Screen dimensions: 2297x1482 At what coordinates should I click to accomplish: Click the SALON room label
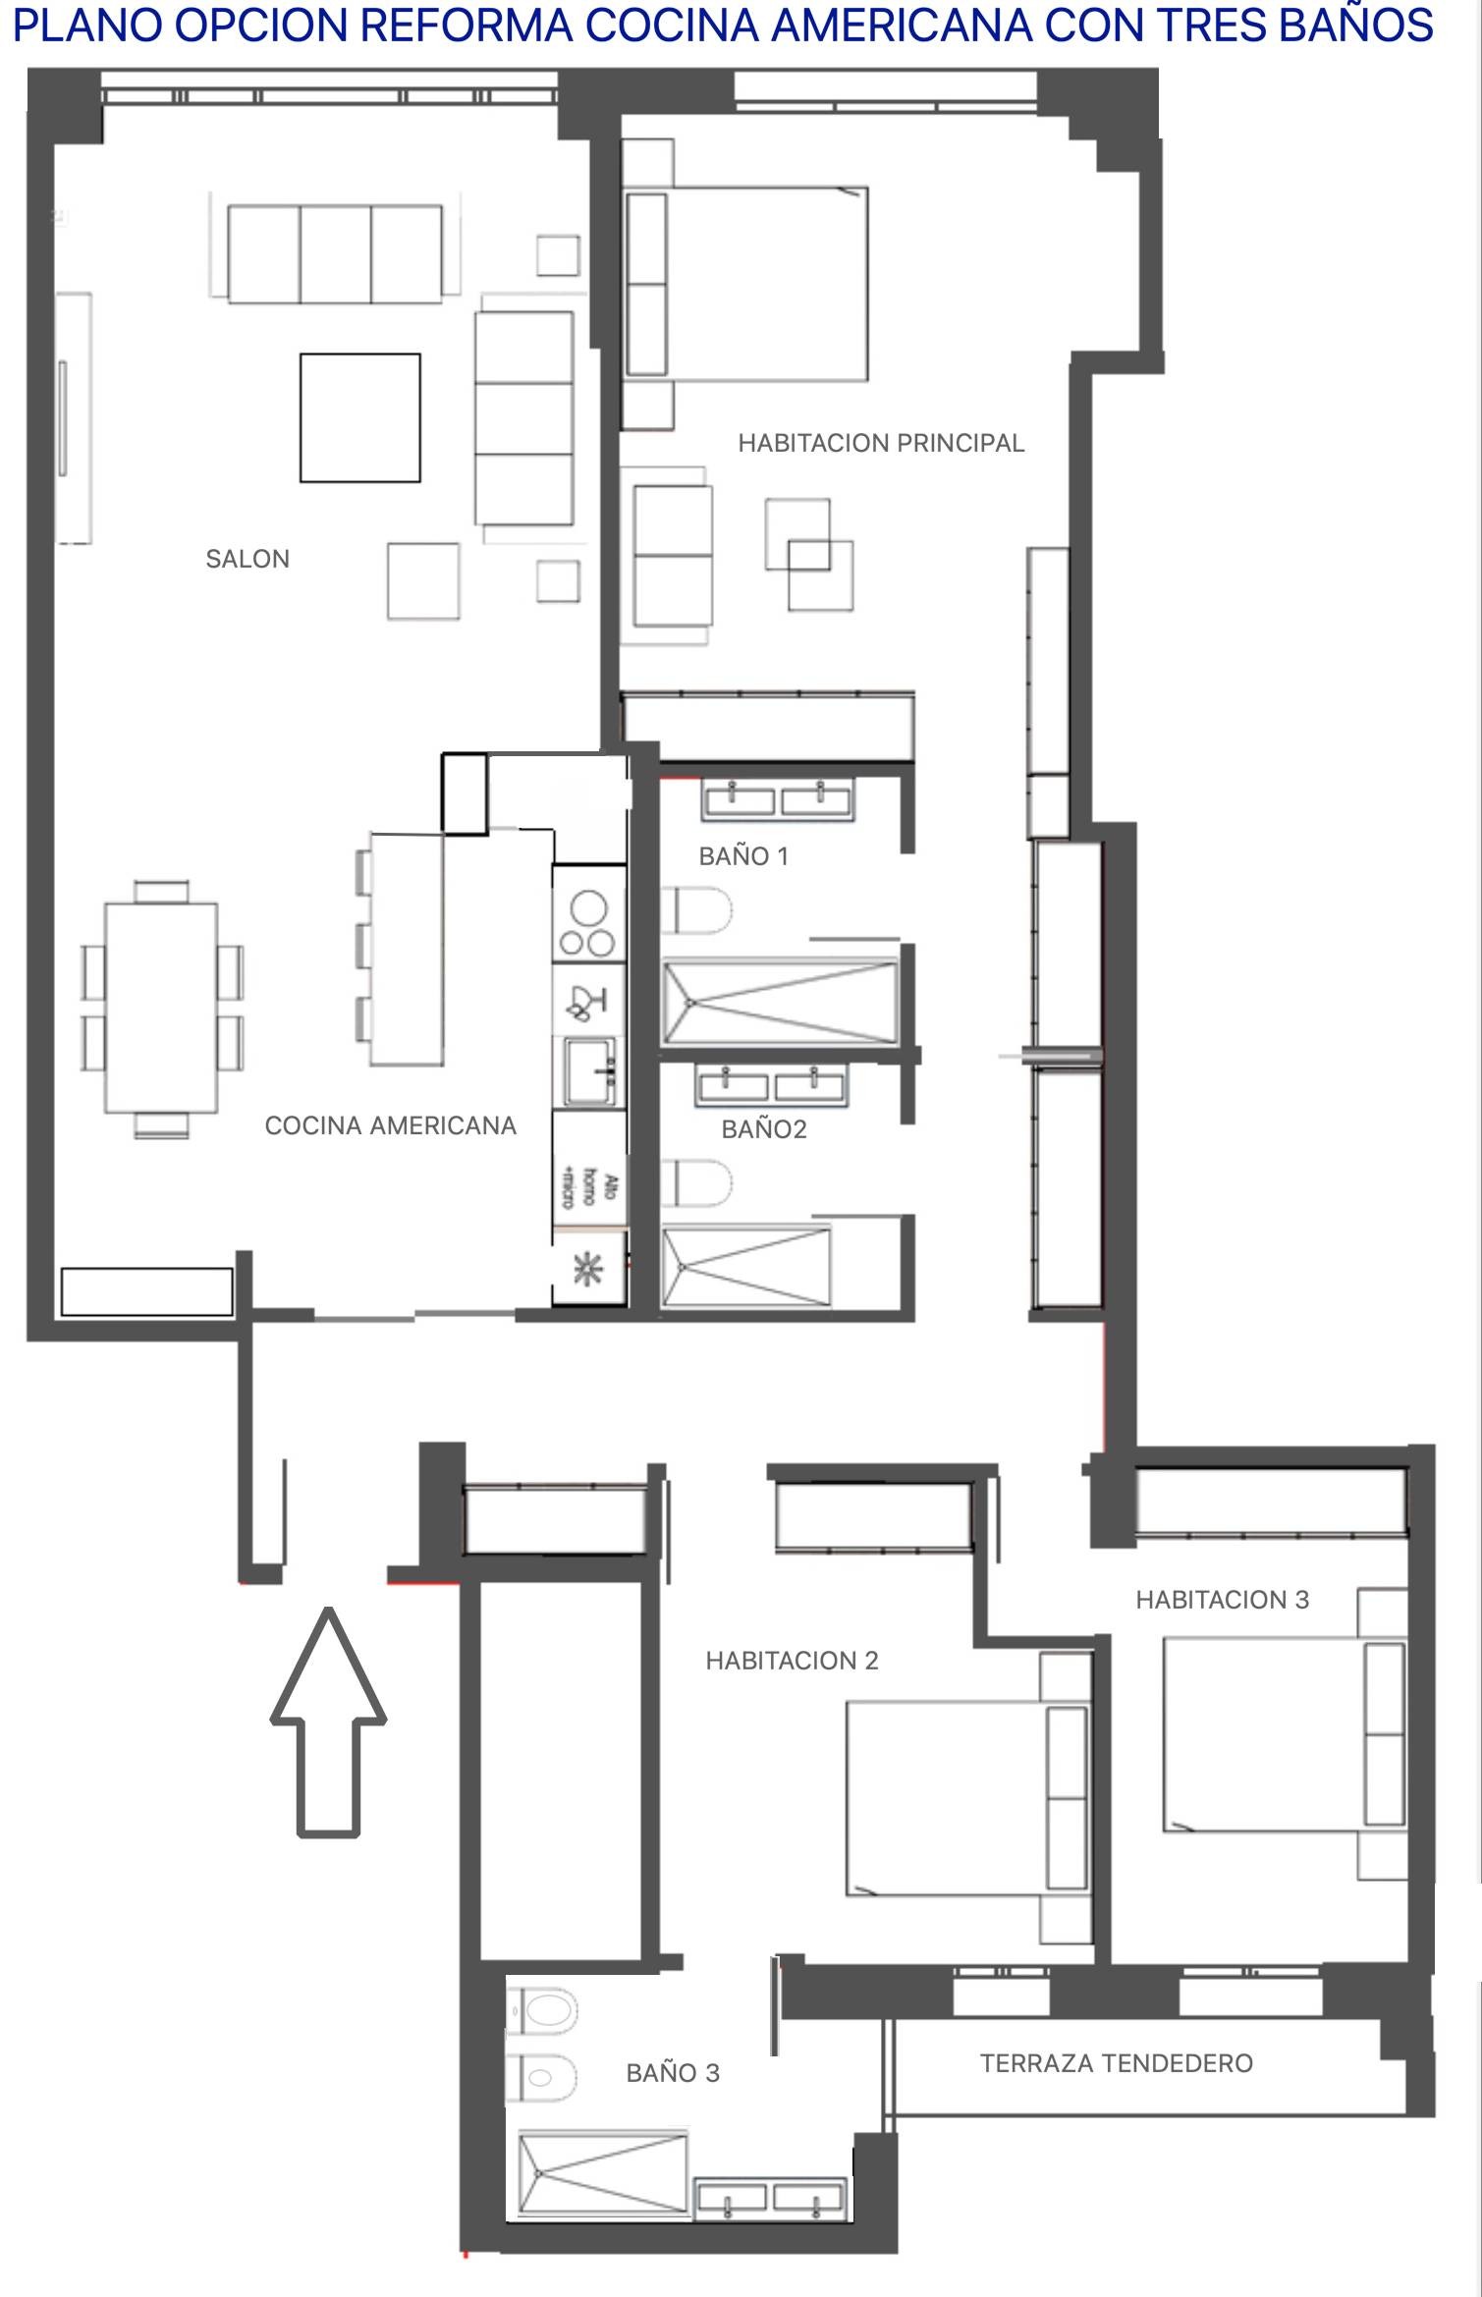247,559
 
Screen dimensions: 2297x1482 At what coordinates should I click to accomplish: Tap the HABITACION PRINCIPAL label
881,443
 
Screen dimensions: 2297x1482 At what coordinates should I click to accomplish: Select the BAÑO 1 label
743,856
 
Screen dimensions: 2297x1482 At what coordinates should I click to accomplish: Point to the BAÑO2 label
763,1129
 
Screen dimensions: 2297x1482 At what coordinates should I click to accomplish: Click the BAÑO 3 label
673,2073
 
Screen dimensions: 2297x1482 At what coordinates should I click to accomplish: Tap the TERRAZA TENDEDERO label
1116,2063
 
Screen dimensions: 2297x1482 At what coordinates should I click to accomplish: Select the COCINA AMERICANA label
390,1125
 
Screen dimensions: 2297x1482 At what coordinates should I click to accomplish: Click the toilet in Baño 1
695,910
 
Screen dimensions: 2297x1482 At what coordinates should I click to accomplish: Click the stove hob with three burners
587,924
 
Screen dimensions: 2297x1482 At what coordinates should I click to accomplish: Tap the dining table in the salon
161,1008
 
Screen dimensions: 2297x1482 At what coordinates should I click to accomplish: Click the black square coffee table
359,417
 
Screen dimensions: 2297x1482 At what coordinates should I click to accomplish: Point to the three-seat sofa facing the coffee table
335,253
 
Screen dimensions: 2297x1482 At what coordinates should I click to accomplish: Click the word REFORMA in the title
466,26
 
